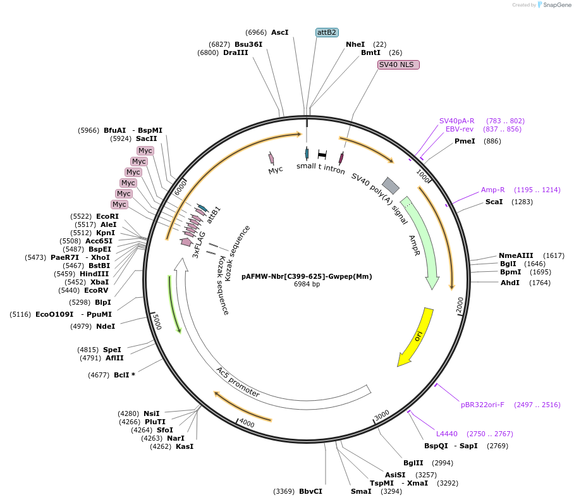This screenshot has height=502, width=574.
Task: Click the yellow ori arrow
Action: coord(415,336)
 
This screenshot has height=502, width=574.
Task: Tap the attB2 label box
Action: coord(327,32)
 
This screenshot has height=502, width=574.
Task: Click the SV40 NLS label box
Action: coord(398,64)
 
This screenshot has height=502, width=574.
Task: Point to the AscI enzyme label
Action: coord(279,32)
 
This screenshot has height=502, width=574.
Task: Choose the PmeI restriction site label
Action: coord(465,141)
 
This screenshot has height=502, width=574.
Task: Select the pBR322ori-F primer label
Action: coord(482,405)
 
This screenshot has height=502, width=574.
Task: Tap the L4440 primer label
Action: coord(447,434)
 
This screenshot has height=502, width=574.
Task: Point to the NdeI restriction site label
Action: coord(106,326)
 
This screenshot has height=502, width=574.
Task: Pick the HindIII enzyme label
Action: coord(94,274)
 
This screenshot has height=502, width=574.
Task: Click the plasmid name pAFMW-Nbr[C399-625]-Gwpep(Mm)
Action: coord(307,276)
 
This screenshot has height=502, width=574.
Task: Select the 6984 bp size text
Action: coord(307,285)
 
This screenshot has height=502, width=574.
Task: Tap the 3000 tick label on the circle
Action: coord(382,415)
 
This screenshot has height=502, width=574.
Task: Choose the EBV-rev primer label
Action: coord(460,129)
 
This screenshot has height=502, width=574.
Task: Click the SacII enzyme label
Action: coord(147,138)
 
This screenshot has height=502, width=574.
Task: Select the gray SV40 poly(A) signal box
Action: coord(391,185)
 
